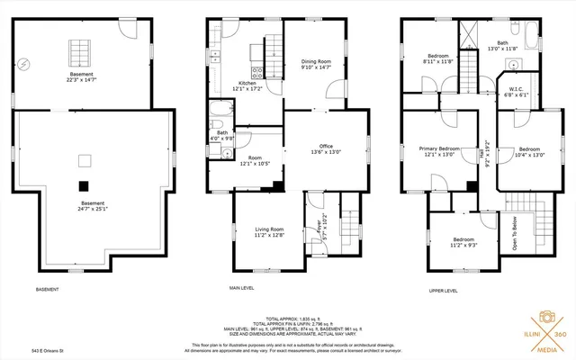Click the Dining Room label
317,62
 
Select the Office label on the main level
326,146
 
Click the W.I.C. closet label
516,89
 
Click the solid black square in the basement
84,185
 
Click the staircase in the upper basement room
81,48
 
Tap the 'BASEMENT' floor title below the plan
47,290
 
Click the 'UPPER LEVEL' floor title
444,291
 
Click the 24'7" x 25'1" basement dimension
92,210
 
